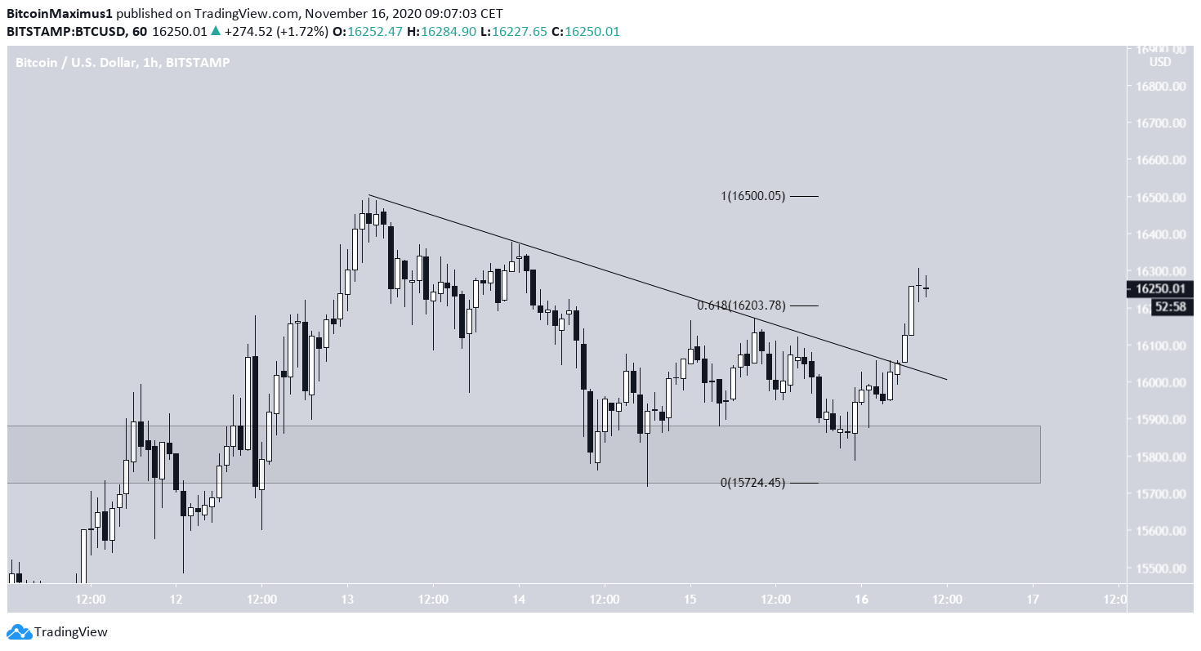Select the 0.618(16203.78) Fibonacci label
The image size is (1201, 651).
(741, 305)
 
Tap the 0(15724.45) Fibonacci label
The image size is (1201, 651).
(752, 483)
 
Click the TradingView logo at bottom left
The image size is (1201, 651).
(57, 631)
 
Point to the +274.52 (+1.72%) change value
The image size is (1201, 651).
(274, 31)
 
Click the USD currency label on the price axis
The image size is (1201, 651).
(1159, 62)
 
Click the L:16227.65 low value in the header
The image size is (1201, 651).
(524, 31)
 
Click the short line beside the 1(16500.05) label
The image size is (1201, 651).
(804, 196)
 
